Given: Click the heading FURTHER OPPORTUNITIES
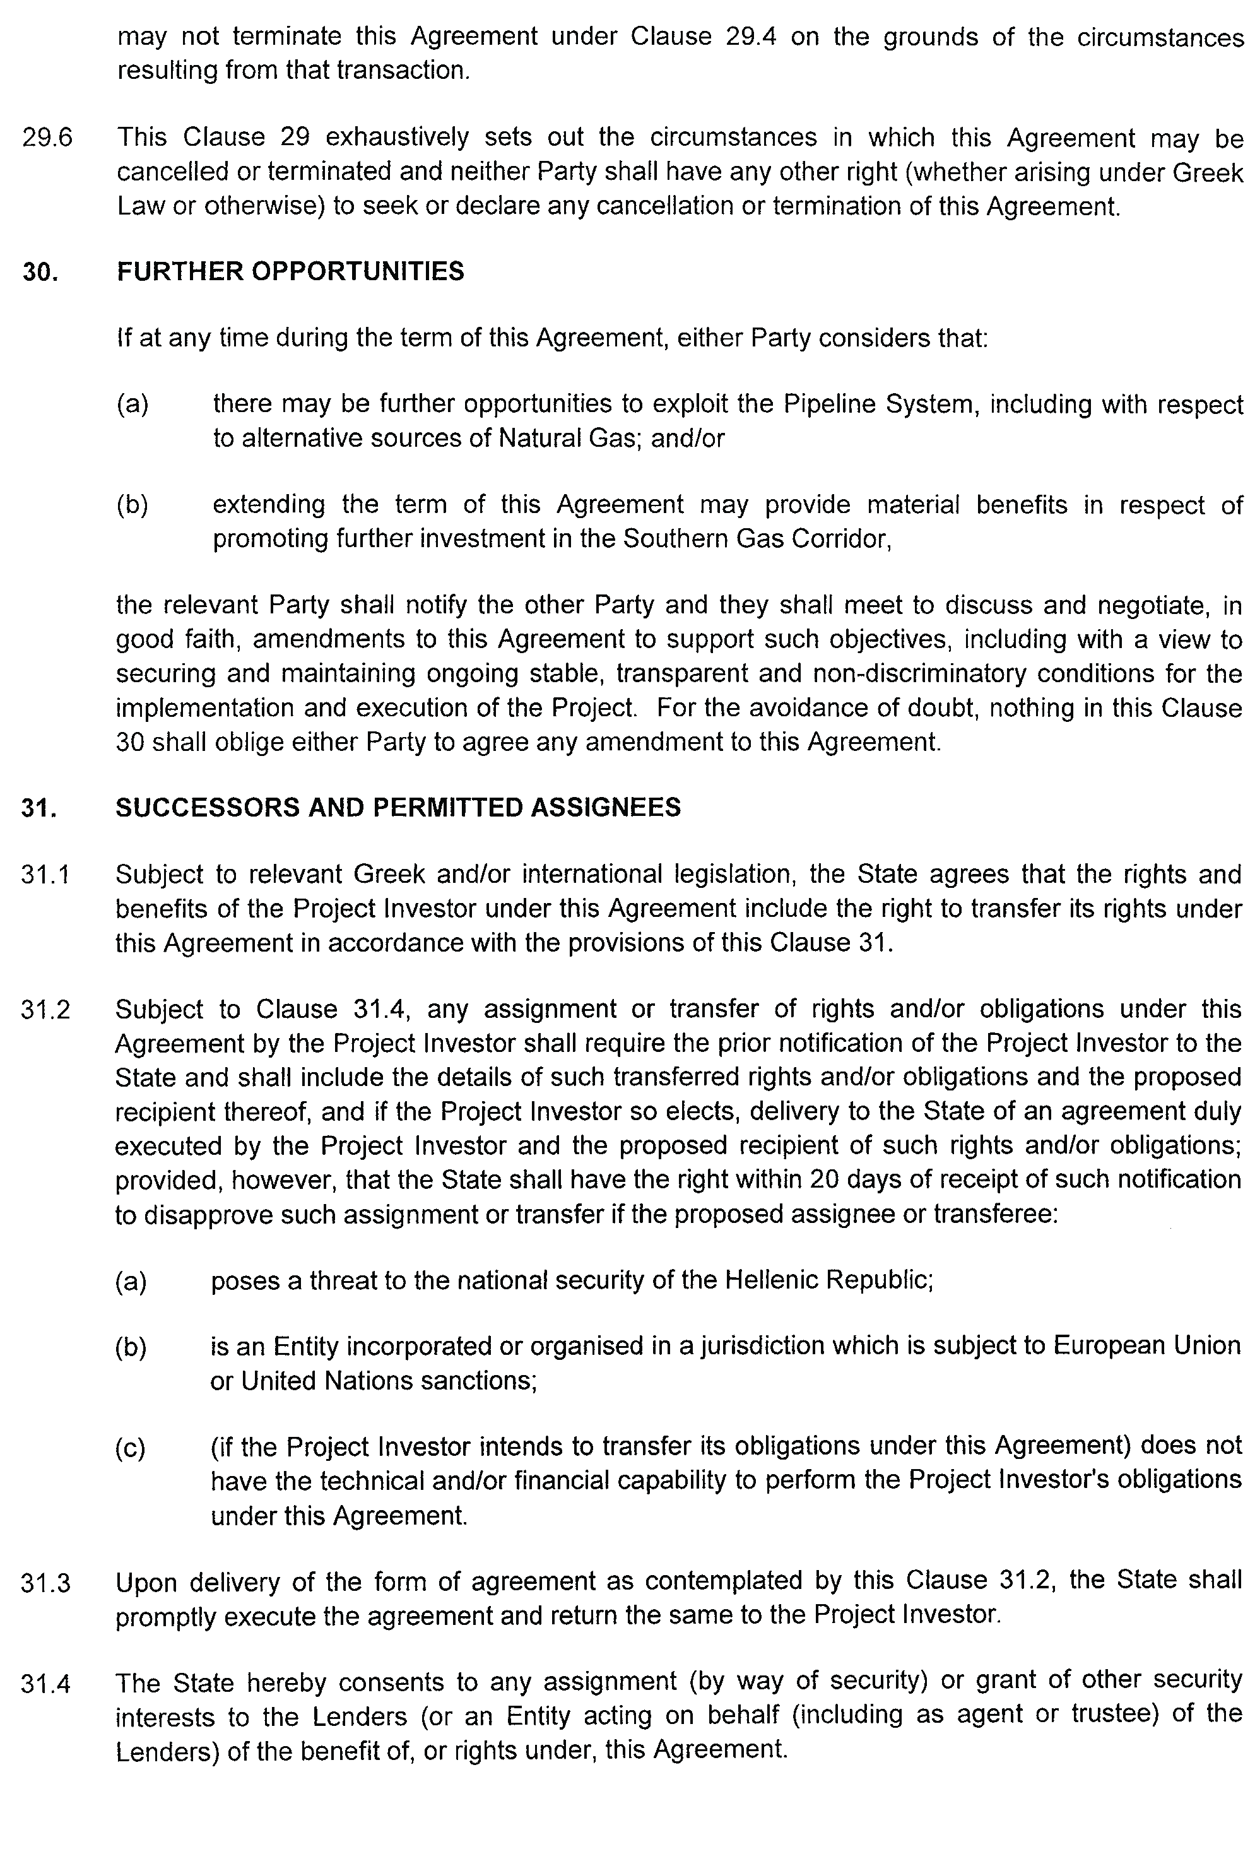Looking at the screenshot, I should coord(290,272).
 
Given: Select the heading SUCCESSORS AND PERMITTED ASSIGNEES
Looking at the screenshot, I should coord(398,807).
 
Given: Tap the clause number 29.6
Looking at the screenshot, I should coord(47,138).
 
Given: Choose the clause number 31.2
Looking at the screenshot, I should coord(45,1010).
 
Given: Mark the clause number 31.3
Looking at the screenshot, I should coord(45,1583).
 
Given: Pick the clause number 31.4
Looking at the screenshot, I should coord(45,1684).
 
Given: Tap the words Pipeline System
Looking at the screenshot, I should coord(880,404).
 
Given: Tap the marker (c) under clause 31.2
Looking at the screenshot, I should coord(131,1448).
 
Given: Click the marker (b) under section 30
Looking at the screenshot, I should coord(132,505).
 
